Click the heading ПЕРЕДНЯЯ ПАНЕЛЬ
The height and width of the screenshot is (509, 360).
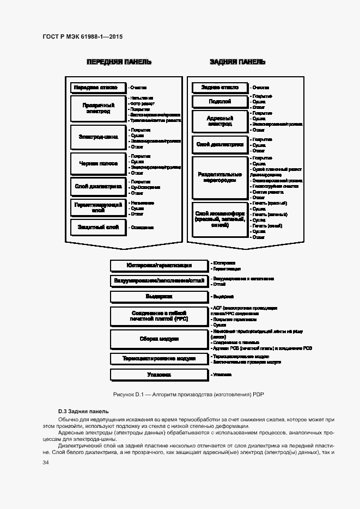coord(119,62)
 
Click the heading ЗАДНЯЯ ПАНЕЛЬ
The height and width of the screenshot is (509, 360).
coord(237,62)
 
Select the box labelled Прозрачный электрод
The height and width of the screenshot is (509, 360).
coord(98,108)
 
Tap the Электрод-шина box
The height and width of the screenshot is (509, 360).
coord(98,137)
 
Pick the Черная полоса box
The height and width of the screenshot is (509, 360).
coord(98,164)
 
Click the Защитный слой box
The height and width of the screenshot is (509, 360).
coord(98,227)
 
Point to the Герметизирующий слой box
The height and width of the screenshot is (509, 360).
coord(98,207)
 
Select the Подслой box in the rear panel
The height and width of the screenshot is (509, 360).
coord(220,102)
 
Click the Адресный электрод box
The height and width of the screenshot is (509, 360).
coord(220,121)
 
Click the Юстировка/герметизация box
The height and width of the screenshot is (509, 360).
coord(159,266)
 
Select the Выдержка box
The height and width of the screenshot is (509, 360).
coord(159,297)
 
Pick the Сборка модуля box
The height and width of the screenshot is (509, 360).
coord(159,339)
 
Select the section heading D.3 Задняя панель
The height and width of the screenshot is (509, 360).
coord(83,412)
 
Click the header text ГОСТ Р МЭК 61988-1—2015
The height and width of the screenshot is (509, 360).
coord(82,36)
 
